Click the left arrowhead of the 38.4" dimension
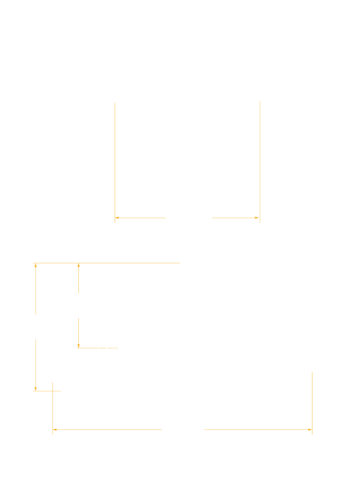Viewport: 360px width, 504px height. pos(117,218)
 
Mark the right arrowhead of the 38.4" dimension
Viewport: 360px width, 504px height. pos(258,218)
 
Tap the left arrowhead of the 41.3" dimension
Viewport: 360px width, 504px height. pos(54,429)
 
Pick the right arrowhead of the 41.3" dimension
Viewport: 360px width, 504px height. pos(310,429)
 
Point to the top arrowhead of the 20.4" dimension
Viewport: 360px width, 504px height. pos(35,265)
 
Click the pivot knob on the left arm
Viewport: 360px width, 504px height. pos(117,347)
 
